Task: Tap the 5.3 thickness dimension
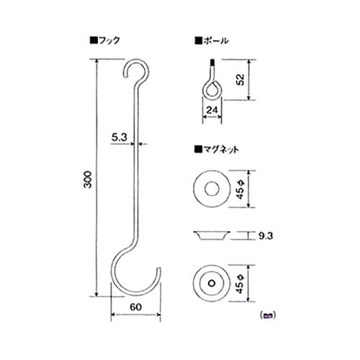pyautogui.click(x=120, y=135)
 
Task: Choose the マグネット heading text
pyautogui.click(x=220, y=149)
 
